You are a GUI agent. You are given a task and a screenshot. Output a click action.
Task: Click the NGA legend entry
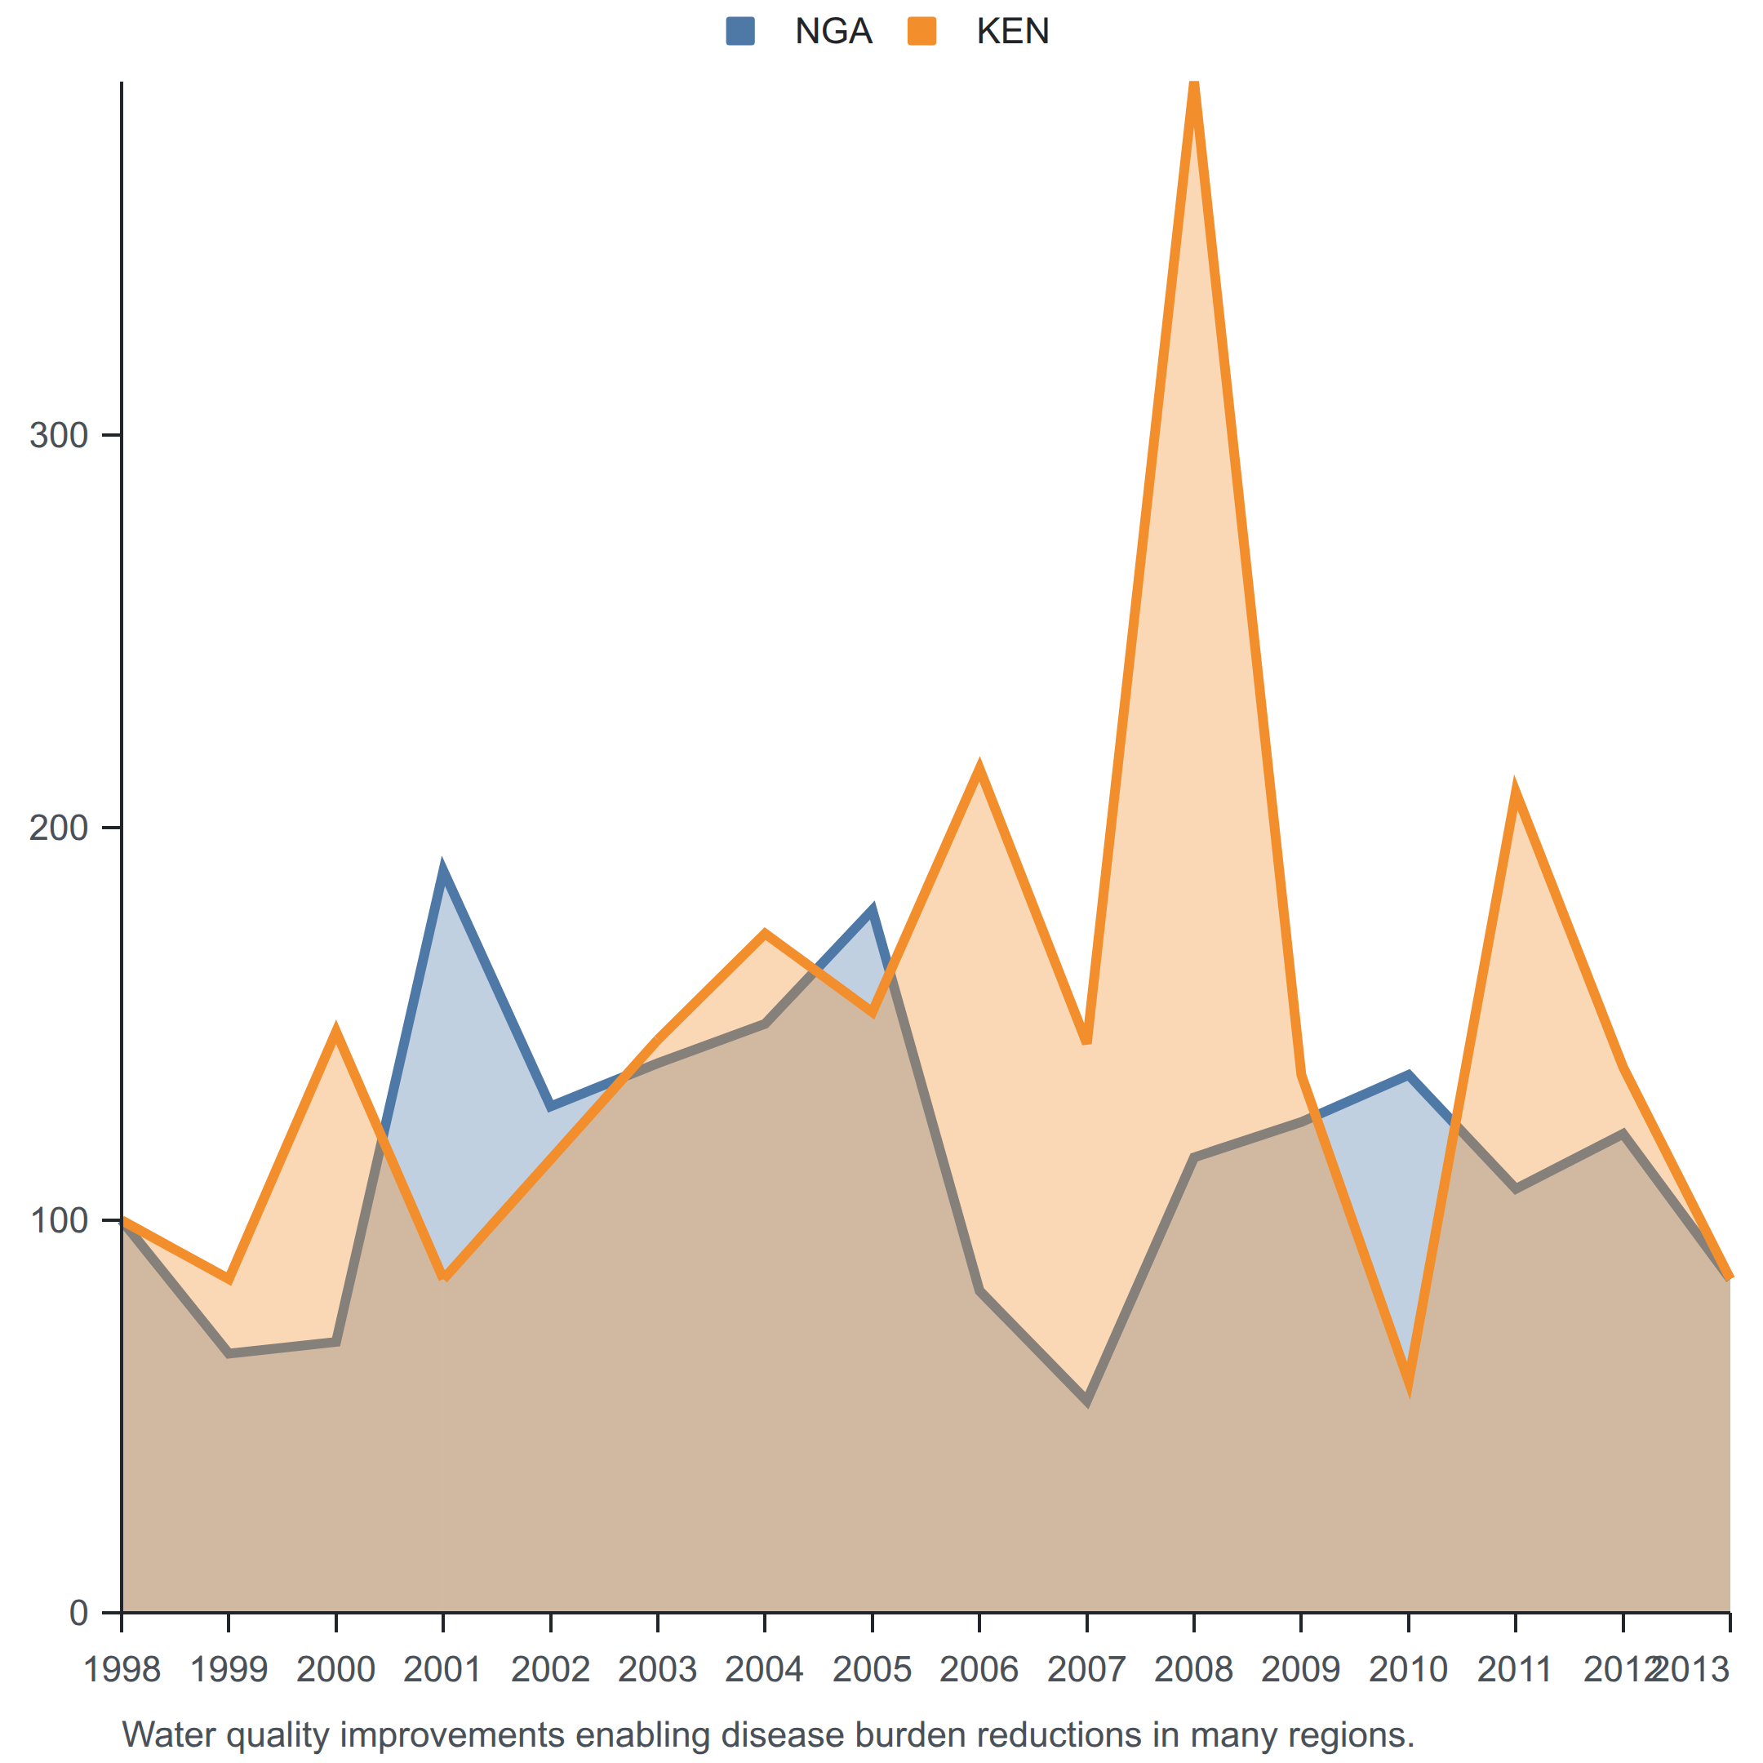click(799, 31)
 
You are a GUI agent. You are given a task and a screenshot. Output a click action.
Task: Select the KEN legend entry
click(979, 31)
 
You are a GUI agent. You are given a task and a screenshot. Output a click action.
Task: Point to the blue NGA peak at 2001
click(442, 868)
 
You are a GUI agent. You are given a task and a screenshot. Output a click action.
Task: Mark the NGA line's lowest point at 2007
click(1087, 1401)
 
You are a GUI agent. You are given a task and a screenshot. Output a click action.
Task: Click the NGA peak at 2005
click(873, 910)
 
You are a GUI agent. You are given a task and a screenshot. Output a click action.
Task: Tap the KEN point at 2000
click(335, 1030)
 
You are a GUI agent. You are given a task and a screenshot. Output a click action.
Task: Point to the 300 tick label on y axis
click(59, 435)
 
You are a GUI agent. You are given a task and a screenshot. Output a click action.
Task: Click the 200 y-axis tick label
click(59, 828)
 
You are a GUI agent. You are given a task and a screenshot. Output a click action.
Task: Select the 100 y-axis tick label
click(59, 1220)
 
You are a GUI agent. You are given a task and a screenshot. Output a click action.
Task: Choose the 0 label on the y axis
click(78, 1613)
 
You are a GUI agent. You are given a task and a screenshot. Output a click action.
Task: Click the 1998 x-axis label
click(122, 1670)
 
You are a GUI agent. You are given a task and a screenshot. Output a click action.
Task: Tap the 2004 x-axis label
click(765, 1670)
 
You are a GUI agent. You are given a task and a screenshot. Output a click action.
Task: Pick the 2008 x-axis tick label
click(1193, 1670)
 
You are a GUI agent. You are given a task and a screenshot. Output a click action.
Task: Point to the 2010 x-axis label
click(1408, 1670)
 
